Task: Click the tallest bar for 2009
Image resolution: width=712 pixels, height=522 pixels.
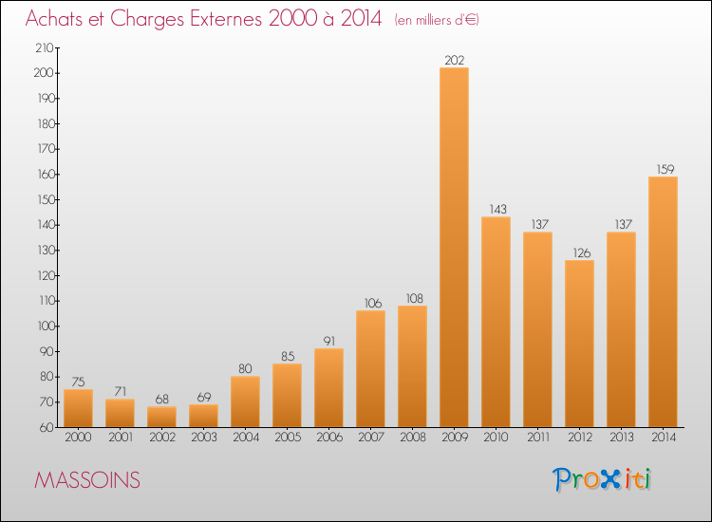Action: click(454, 247)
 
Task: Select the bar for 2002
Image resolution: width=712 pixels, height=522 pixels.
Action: click(161, 417)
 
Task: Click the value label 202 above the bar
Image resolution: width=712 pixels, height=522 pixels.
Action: click(454, 61)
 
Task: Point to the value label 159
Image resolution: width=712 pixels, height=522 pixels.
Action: click(663, 170)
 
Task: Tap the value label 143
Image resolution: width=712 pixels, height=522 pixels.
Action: click(496, 210)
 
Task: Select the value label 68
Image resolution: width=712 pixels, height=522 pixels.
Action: click(161, 400)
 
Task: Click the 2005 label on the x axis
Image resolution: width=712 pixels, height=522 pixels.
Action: click(287, 438)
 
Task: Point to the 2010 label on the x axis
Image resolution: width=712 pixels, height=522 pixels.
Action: click(496, 438)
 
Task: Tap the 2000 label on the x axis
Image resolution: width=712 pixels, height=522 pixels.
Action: click(78, 438)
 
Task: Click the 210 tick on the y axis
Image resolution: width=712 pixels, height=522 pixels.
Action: click(44, 47)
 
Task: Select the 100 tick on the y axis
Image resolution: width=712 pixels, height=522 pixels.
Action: click(44, 326)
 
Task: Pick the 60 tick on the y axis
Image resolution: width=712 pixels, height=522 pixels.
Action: click(47, 427)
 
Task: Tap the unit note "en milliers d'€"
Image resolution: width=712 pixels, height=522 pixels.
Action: click(437, 20)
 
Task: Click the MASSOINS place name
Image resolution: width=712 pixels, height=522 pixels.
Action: click(87, 480)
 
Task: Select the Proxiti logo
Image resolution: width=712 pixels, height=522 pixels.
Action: click(604, 479)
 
